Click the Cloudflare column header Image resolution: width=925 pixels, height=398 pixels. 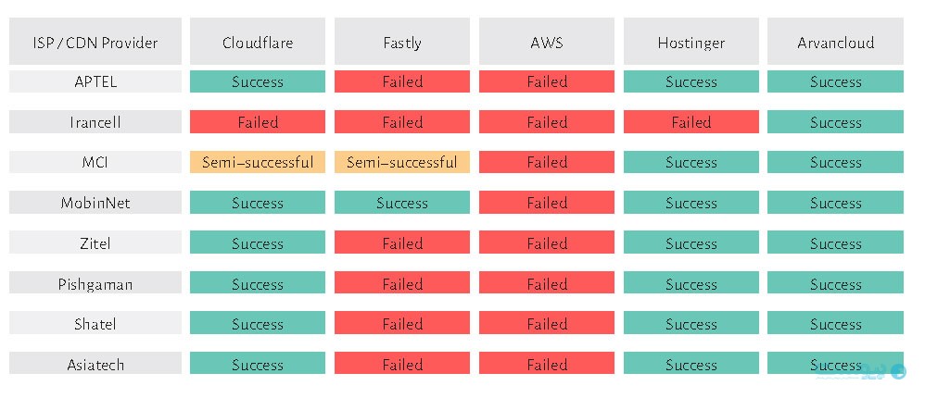[258, 42]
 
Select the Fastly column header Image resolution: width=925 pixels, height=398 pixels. [401, 42]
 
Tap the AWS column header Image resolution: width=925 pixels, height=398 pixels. [546, 42]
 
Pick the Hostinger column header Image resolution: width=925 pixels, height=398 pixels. [691, 42]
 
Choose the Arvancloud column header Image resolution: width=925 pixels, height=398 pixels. [835, 42]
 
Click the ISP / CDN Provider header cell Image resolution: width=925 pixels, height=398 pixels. [95, 42]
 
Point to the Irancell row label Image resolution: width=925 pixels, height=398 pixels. [95, 122]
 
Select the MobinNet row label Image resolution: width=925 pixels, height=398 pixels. [95, 203]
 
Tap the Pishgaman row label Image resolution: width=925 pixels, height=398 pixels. [95, 283]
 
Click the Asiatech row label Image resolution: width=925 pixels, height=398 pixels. [95, 364]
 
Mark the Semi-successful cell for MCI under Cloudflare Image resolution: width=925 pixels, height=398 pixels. [258, 162]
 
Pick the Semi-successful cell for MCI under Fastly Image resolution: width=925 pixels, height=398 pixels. [401, 162]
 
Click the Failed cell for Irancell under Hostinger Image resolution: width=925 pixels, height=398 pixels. [691, 122]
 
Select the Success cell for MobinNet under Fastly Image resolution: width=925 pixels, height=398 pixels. [401, 203]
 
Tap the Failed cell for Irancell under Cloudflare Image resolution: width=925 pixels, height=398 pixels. [258, 122]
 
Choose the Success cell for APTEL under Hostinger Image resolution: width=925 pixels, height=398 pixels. [691, 81]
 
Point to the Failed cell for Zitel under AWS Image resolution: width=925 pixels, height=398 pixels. [546, 243]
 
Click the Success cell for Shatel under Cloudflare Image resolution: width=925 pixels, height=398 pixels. [258, 323]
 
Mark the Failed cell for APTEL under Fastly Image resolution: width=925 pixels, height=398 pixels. [401, 81]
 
